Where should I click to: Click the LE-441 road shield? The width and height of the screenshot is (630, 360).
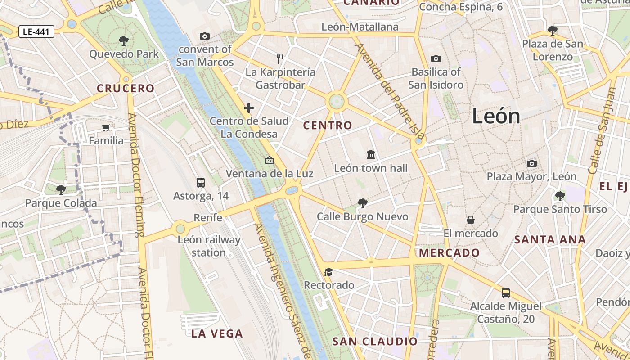click(x=36, y=31)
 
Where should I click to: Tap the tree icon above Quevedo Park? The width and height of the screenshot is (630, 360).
click(x=124, y=41)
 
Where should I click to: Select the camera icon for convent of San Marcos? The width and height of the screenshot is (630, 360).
click(x=205, y=36)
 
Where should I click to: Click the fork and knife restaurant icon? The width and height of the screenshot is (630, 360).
click(x=280, y=58)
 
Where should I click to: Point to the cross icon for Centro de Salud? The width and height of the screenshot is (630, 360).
click(x=249, y=108)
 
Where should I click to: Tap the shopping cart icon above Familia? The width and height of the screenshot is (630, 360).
click(x=106, y=128)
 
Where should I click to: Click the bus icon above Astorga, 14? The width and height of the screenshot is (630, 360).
click(x=201, y=183)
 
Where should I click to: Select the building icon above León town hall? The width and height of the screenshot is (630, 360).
click(x=371, y=155)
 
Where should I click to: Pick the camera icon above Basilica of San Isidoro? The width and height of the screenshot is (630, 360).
click(x=436, y=58)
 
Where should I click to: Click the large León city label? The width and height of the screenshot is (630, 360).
click(x=496, y=117)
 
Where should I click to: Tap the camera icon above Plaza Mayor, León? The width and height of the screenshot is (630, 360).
click(x=532, y=163)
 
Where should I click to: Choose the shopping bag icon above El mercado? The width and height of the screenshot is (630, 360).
click(x=471, y=220)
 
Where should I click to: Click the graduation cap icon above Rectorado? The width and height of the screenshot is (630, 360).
click(x=329, y=272)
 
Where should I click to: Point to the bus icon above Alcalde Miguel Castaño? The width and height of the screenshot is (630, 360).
click(x=506, y=293)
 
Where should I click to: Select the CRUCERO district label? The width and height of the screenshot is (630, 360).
click(x=126, y=88)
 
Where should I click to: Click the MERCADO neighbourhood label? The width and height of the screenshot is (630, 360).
click(x=449, y=253)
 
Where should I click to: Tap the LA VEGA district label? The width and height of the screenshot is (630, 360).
click(x=217, y=333)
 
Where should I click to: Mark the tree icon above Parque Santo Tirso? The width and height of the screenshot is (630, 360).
click(x=560, y=196)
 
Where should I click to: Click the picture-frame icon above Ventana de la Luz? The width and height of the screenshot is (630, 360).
click(x=270, y=160)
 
